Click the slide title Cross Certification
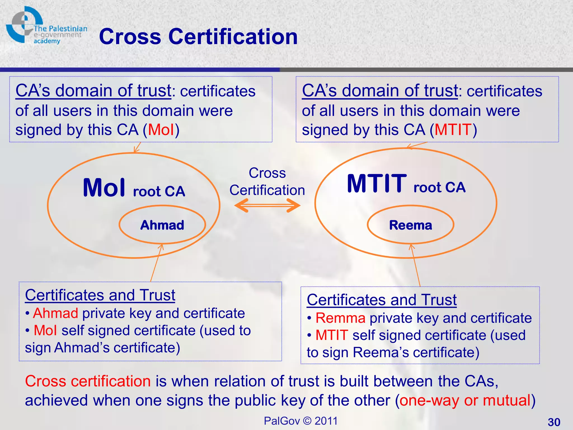coord(198,37)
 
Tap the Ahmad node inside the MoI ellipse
coord(162,225)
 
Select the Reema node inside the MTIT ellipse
coord(410,225)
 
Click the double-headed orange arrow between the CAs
coord(267,206)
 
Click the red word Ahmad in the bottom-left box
coord(56,313)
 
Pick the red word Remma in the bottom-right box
coord(340,318)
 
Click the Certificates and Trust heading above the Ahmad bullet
coord(100,295)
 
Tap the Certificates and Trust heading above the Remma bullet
coord(382,300)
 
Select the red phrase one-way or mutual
coord(465,400)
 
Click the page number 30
coord(554,422)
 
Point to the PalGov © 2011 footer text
coord(301,421)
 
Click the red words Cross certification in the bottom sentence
coord(88,381)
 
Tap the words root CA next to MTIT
coord(439,187)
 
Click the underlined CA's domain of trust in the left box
coord(93,91)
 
